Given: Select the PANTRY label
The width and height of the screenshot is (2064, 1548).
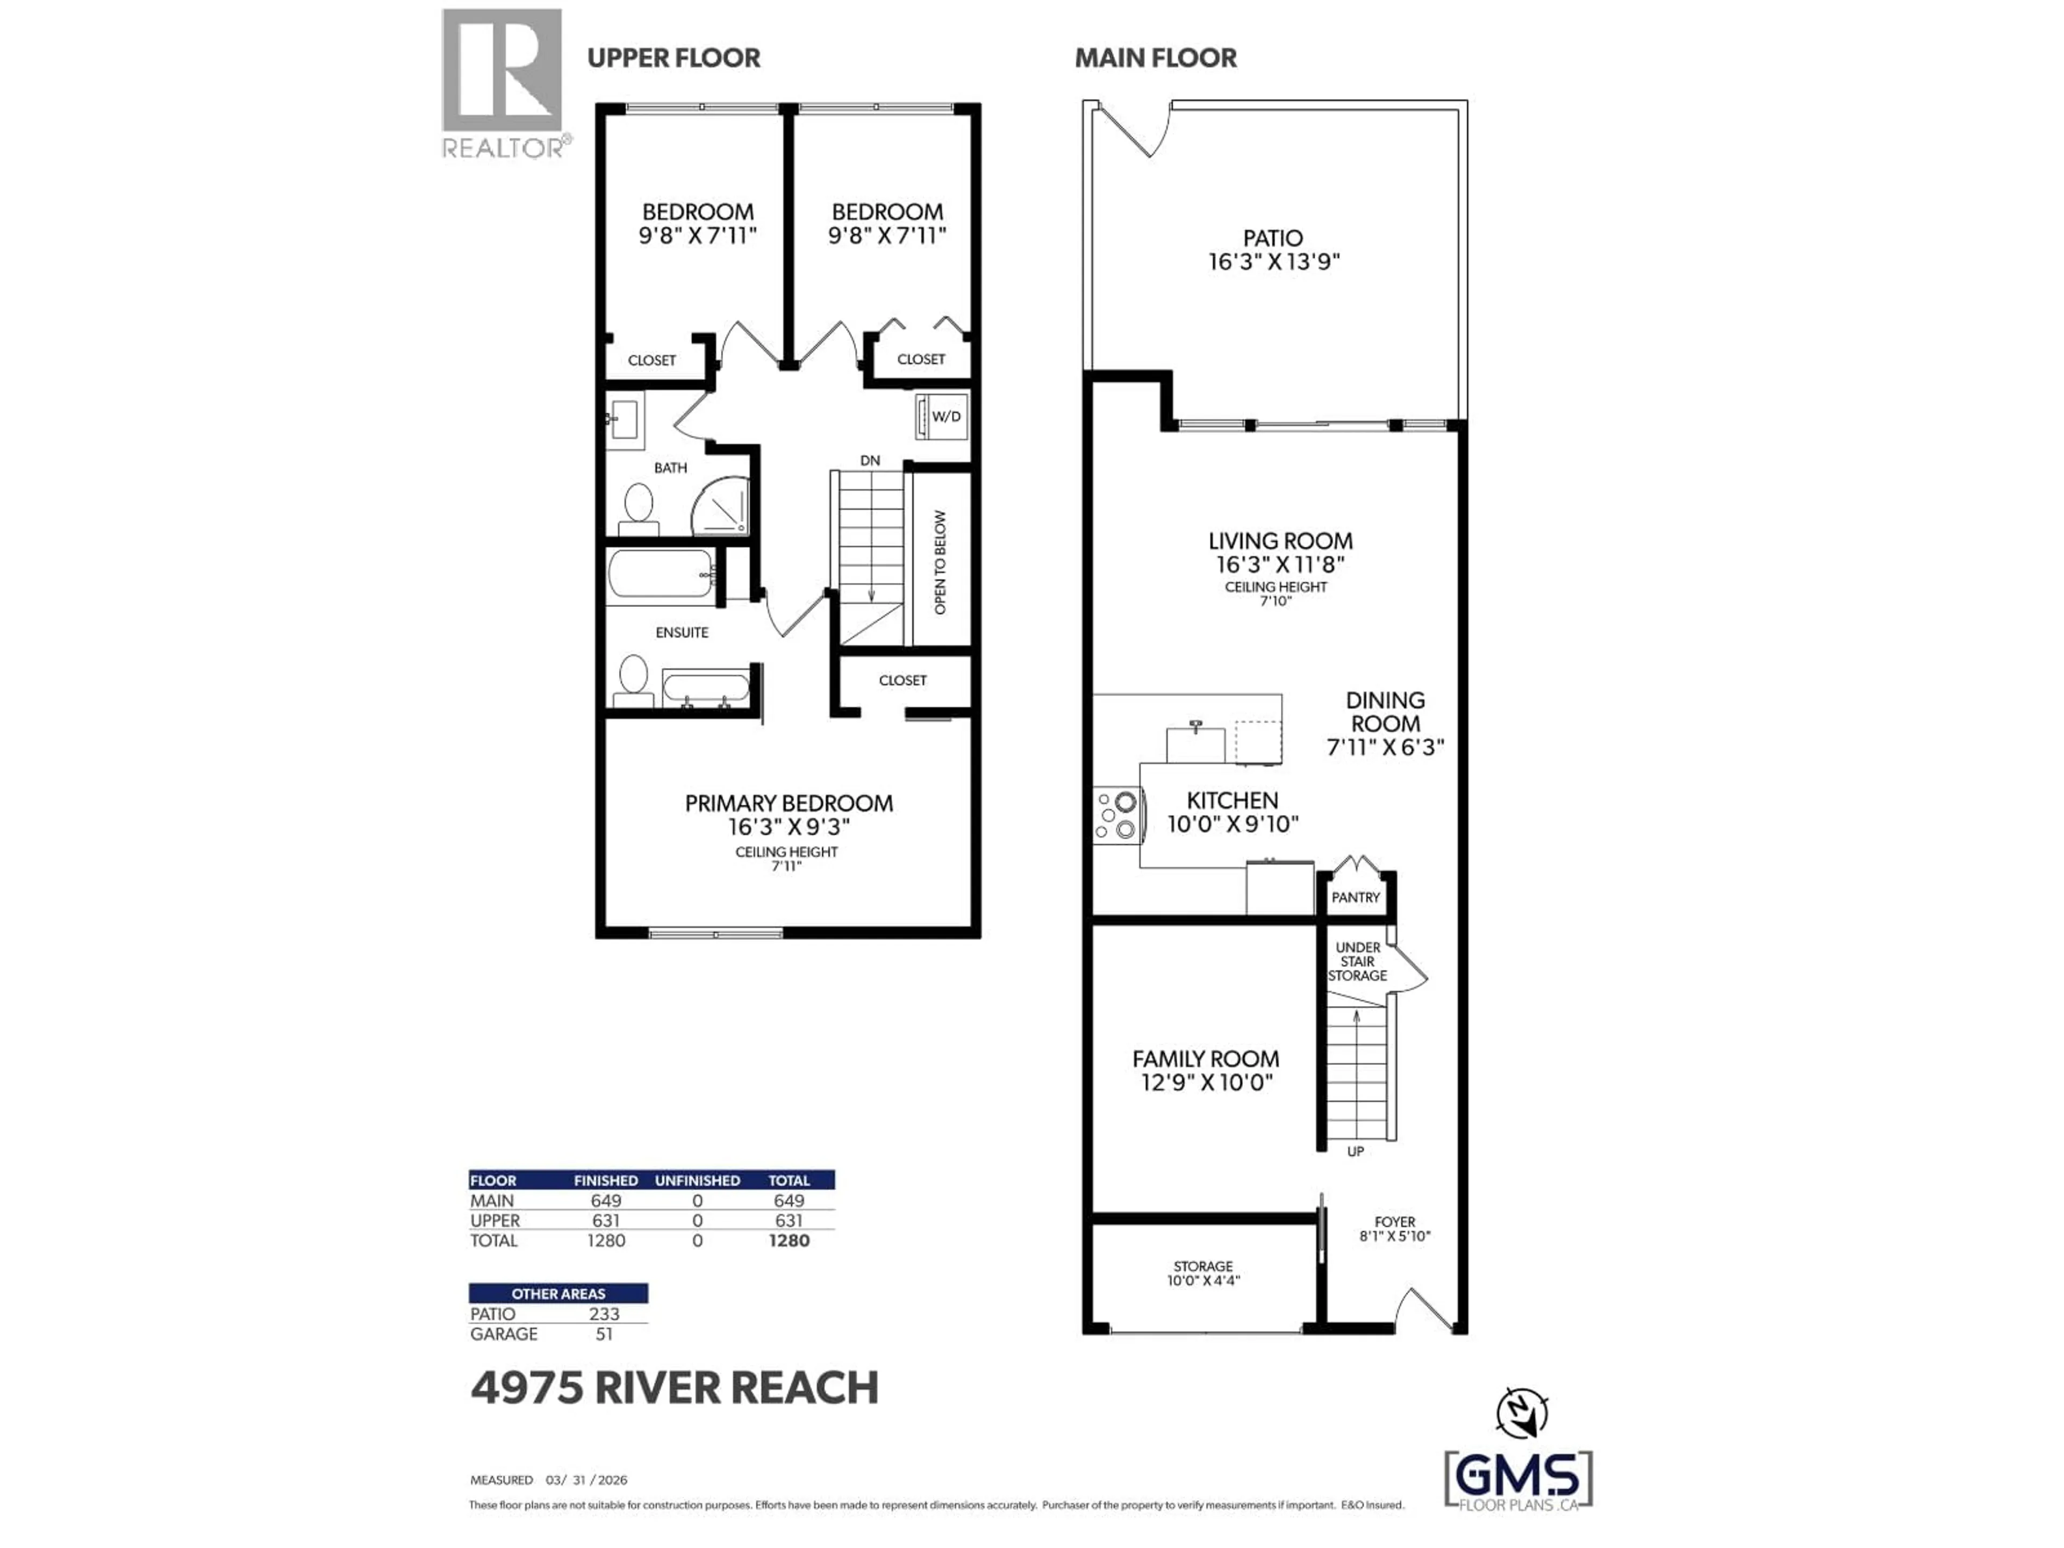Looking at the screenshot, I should point(1355,898).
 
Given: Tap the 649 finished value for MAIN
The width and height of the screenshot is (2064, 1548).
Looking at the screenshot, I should point(606,1201).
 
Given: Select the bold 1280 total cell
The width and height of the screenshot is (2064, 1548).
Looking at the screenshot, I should point(789,1241).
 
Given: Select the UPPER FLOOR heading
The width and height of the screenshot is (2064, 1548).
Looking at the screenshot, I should point(673,58).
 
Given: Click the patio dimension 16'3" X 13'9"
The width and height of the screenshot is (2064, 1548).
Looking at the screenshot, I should point(1274,262).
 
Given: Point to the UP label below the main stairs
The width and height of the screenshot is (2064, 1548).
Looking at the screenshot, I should point(1355,1151).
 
